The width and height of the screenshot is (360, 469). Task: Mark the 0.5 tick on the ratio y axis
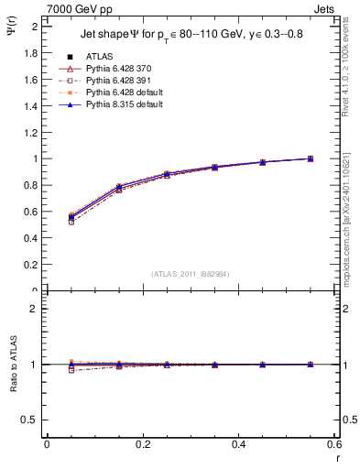click(x=32, y=420)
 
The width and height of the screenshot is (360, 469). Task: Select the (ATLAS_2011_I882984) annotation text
click(x=191, y=274)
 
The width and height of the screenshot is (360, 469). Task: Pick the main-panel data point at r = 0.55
click(x=311, y=158)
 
